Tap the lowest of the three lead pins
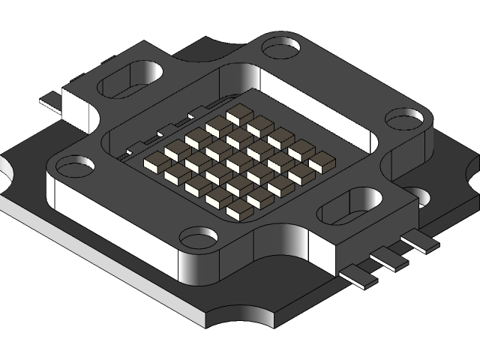click(358, 277)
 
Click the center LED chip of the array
click(239, 162)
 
